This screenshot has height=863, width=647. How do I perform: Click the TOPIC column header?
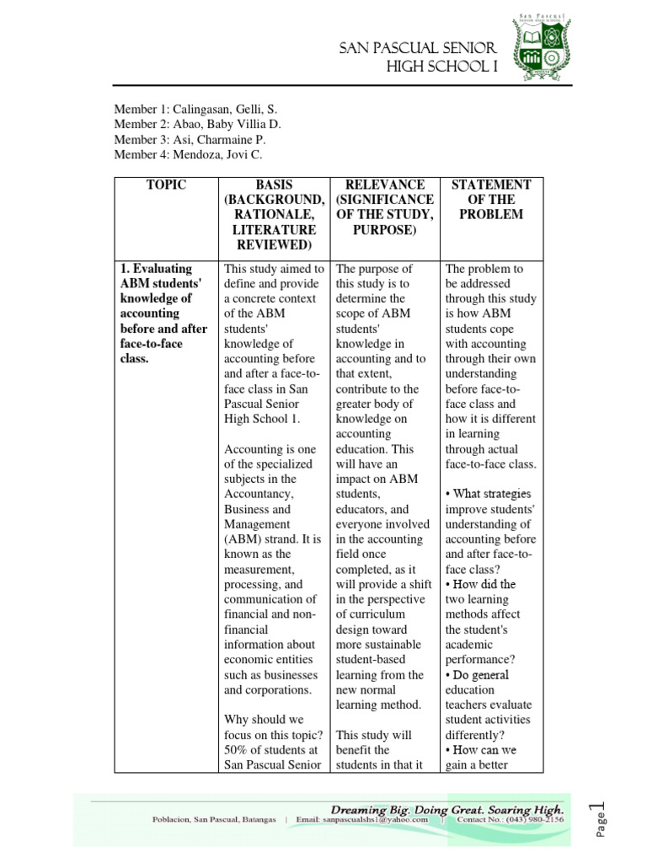165,185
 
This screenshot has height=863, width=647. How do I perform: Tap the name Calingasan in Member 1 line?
202,110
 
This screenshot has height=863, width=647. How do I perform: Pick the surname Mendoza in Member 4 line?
197,155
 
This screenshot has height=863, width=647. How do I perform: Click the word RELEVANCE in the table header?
385,185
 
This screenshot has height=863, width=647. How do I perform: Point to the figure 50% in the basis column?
239,750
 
